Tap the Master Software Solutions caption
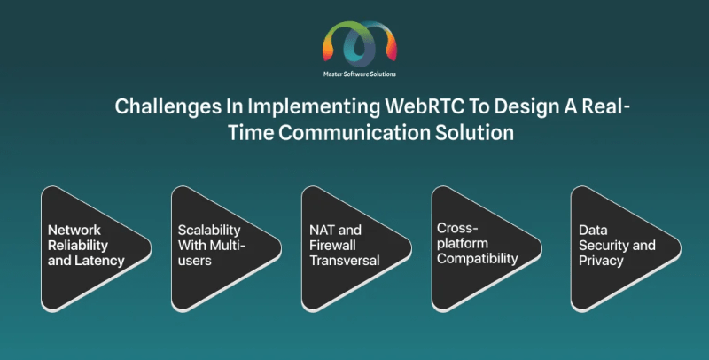(359, 74)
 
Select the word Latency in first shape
(102, 261)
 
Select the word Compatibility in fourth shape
(478, 259)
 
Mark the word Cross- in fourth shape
(453, 227)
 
